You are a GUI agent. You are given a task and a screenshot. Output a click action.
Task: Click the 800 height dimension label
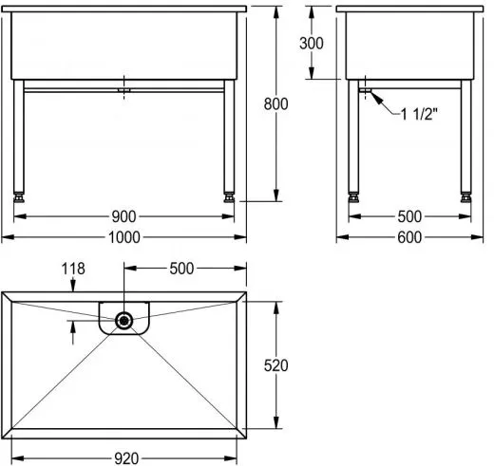pos(275,104)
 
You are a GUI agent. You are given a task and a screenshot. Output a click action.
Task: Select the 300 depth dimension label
pos(312,44)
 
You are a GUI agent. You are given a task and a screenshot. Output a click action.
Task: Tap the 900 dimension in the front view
pos(123,216)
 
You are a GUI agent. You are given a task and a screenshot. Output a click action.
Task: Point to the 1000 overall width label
pos(124,237)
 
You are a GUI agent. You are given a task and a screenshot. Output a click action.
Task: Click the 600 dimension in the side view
pos(409,237)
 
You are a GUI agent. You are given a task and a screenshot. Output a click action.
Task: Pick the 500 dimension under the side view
pos(409,216)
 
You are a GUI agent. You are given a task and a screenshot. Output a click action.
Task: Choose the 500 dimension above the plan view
pos(181,269)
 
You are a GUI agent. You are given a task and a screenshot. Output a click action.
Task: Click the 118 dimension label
pos(73,269)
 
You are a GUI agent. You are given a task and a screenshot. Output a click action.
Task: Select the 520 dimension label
pos(275,365)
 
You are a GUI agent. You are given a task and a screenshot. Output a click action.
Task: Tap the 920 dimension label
pos(126,458)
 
